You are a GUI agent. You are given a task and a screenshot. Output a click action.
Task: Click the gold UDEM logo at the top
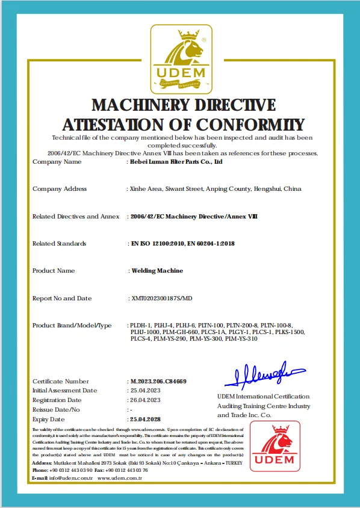click(181, 59)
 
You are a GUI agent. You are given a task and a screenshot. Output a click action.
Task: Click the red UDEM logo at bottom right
click(275, 446)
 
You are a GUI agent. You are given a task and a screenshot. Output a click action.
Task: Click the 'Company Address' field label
click(59, 189)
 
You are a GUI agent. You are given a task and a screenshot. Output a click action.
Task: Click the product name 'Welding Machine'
click(157, 271)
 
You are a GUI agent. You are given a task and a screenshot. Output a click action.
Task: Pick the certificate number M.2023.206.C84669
click(158, 382)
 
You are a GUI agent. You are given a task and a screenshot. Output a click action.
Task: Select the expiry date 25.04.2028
click(146, 419)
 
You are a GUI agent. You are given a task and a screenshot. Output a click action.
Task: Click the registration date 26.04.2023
click(146, 400)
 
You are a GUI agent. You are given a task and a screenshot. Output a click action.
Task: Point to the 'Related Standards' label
click(59, 244)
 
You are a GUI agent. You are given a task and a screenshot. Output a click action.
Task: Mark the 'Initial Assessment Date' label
click(64, 390)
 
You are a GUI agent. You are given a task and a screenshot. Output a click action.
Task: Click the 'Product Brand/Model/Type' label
click(72, 326)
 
